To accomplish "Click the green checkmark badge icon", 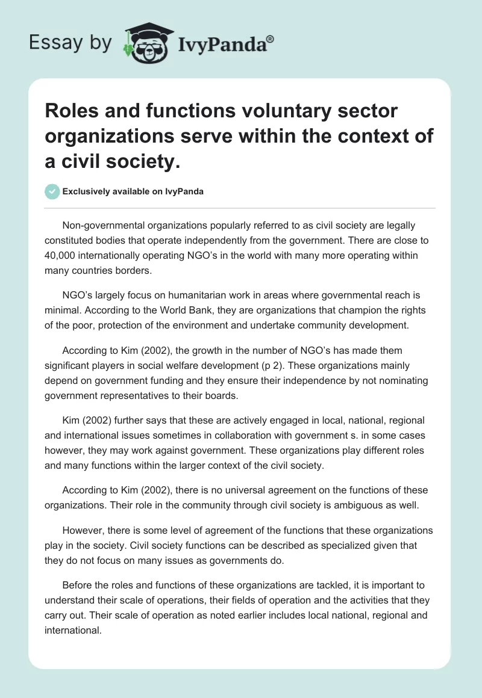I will (x=52, y=191).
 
